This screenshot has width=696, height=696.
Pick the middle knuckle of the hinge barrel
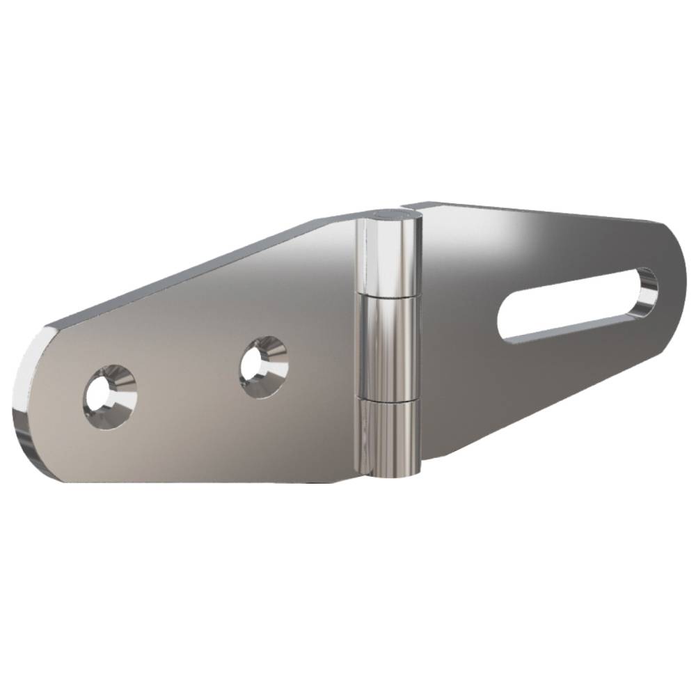[x=388, y=348]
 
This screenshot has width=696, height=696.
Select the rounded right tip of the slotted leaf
[x=679, y=278]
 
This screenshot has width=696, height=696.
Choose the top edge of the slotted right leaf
[x=543, y=212]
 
